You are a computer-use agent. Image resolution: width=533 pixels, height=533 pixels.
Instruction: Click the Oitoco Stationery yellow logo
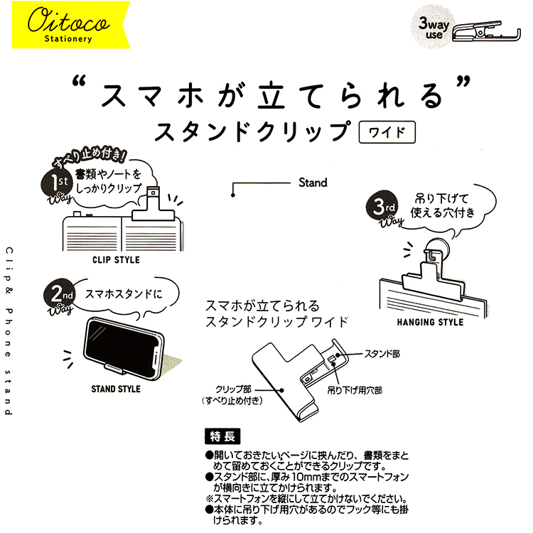(70, 25)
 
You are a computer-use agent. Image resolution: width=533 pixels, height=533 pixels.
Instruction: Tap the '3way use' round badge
(432, 28)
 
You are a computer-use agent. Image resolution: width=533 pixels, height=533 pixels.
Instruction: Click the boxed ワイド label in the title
(387, 132)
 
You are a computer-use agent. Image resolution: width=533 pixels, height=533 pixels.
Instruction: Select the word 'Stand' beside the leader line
(313, 183)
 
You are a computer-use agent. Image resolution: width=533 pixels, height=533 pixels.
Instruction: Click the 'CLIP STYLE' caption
(116, 260)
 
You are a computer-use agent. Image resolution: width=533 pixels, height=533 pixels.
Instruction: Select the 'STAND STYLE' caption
(116, 389)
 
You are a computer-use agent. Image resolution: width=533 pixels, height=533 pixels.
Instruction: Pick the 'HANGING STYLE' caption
(430, 322)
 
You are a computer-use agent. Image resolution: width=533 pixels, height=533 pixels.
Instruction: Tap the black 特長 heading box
(222, 436)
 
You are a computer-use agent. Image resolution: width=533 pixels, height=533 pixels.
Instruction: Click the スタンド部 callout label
(382, 354)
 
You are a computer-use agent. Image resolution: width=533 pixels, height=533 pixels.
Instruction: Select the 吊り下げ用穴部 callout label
(355, 390)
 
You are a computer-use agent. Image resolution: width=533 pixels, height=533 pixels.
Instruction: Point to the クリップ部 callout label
(234, 389)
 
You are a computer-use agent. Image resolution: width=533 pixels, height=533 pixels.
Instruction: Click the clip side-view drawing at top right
(487, 31)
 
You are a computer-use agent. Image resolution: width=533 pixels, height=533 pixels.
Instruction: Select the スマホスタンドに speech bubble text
(124, 294)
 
